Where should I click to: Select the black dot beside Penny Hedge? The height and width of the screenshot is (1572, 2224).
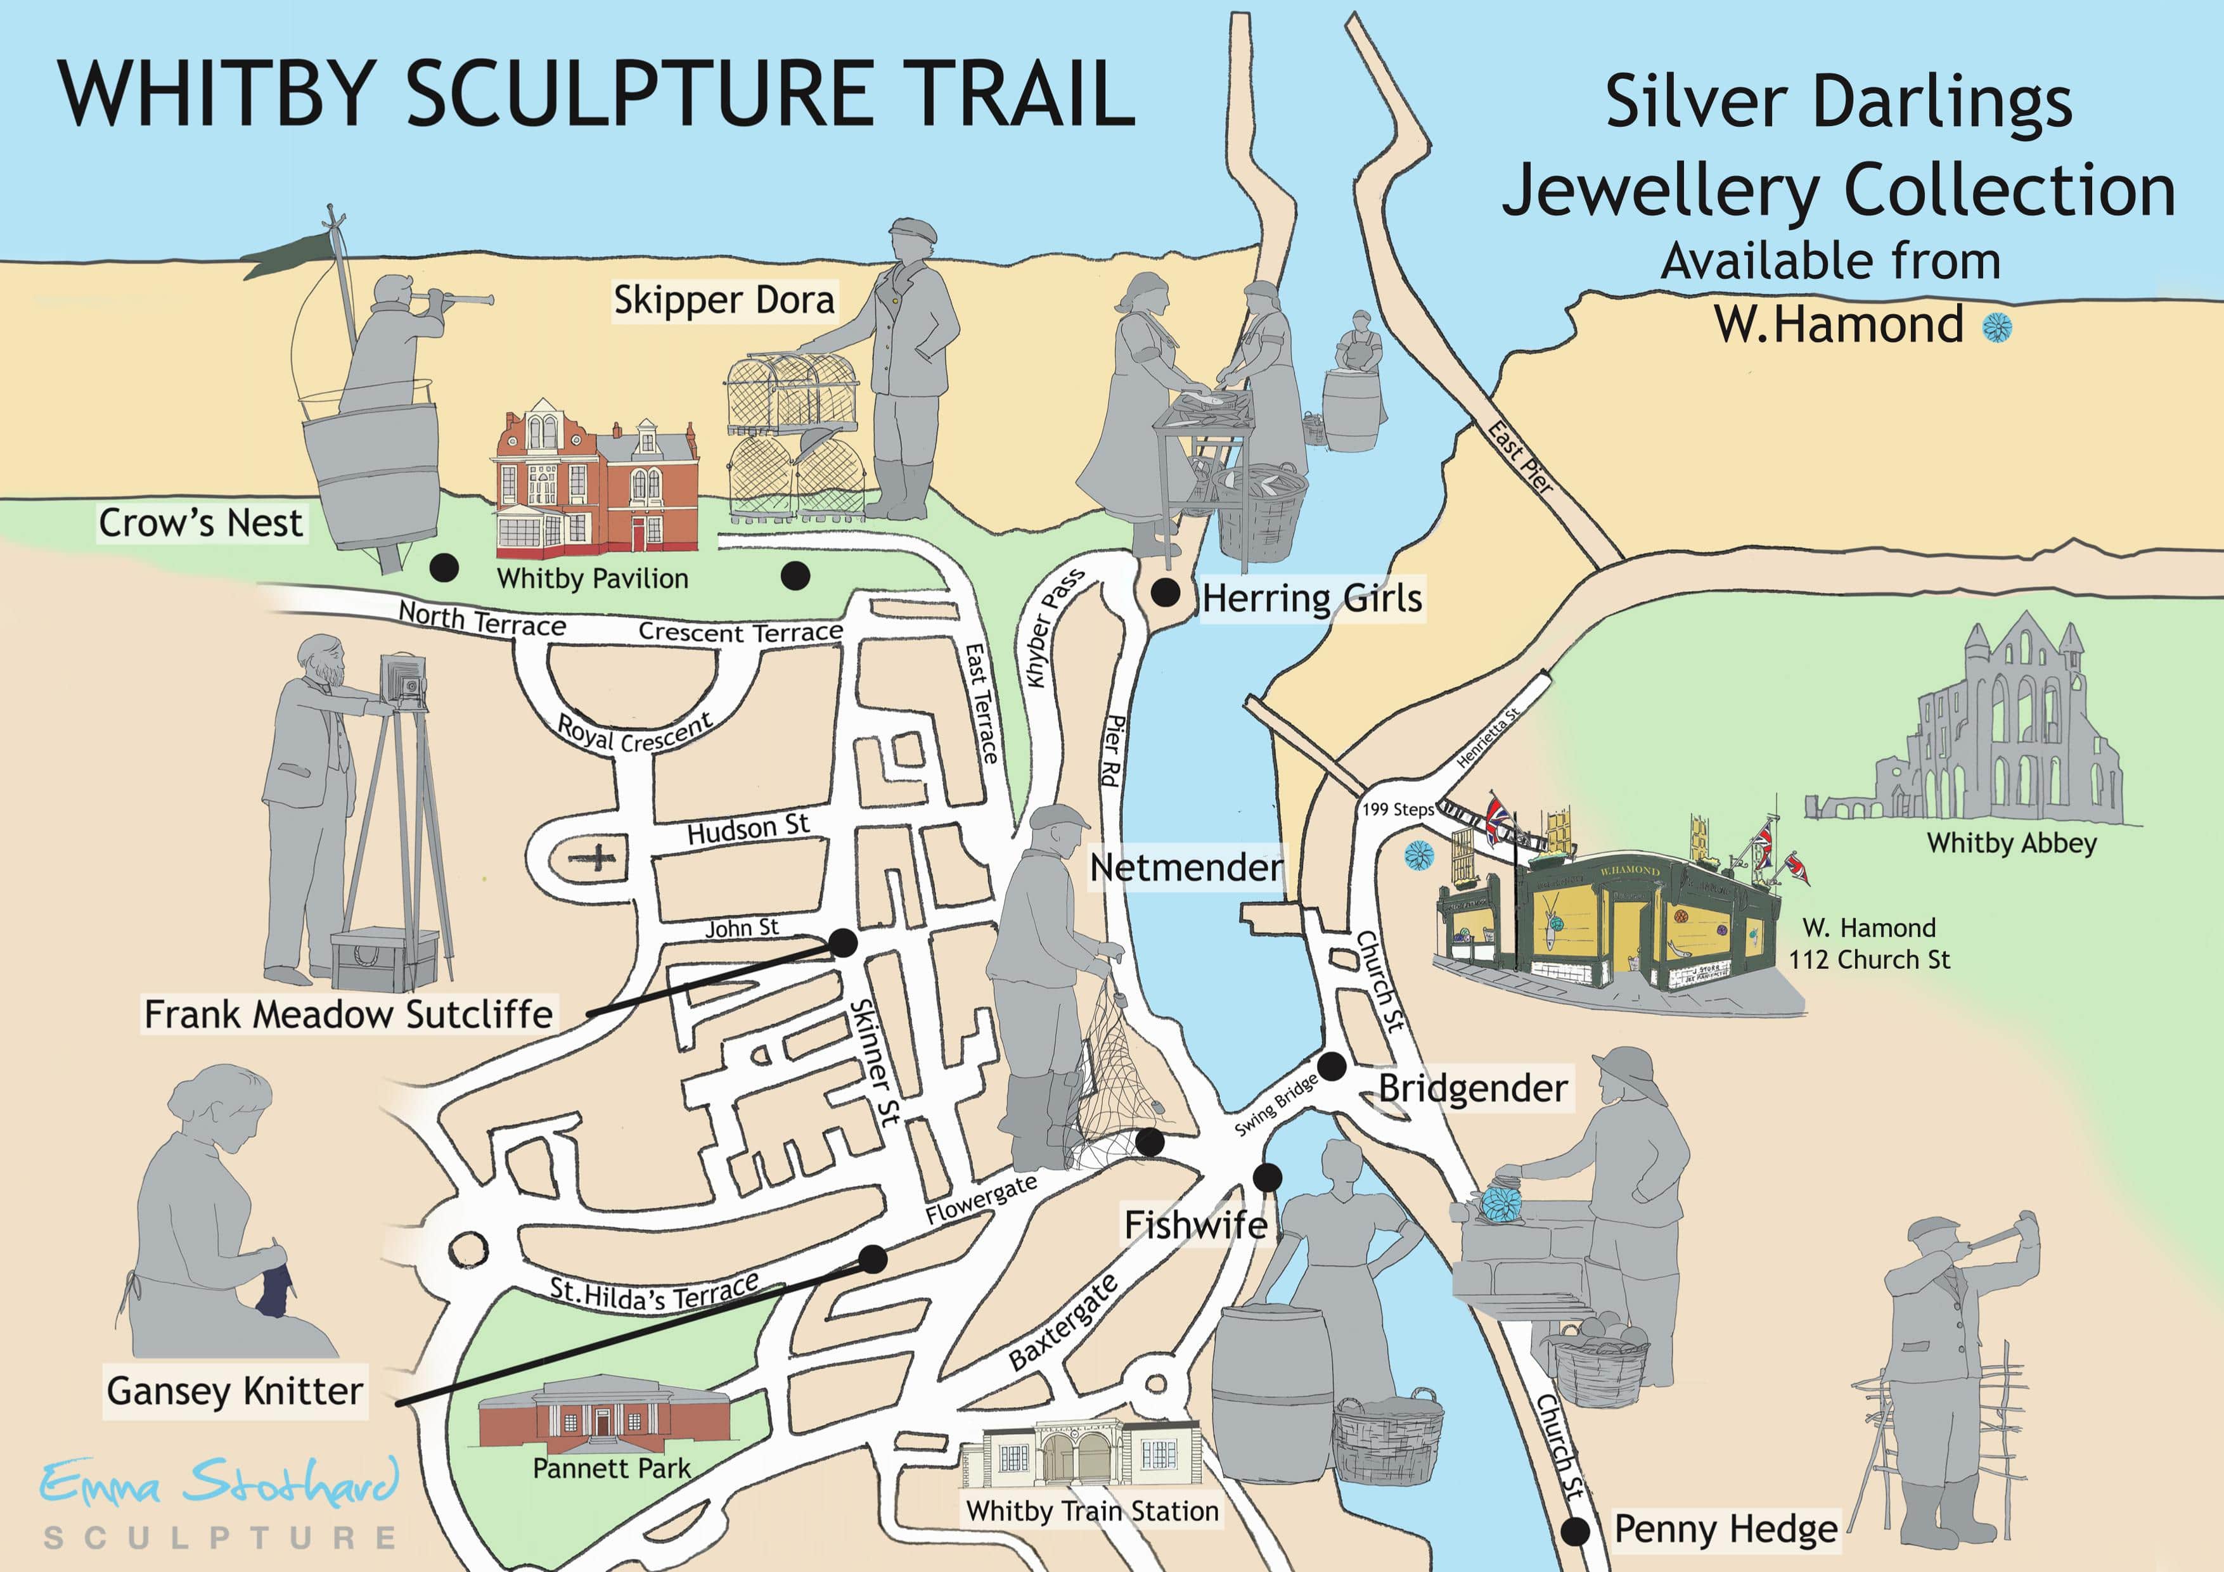1576,1531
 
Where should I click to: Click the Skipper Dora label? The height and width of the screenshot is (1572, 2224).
724,300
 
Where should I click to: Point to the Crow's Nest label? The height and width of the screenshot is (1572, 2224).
200,523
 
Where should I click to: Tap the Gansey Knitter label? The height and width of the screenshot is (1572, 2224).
235,1391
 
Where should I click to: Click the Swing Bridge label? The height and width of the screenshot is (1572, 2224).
1276,1104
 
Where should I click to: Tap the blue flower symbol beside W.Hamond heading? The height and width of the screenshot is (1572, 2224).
1996,328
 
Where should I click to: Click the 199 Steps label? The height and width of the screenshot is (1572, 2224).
1397,808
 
